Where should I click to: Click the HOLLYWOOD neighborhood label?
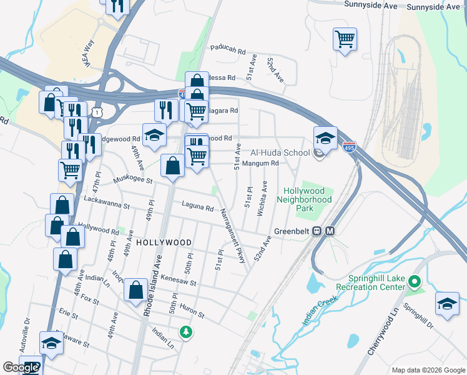pyautogui.click(x=164, y=242)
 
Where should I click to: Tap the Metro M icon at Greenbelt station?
pyautogui.click(x=330, y=231)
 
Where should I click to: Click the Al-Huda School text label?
pyautogui.click(x=280, y=152)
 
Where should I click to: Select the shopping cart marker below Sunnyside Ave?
pyautogui.click(x=345, y=40)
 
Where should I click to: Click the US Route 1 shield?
pyautogui.click(x=96, y=111)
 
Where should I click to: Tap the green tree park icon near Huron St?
pyautogui.click(x=185, y=331)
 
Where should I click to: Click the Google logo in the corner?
pyautogui.click(x=21, y=367)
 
